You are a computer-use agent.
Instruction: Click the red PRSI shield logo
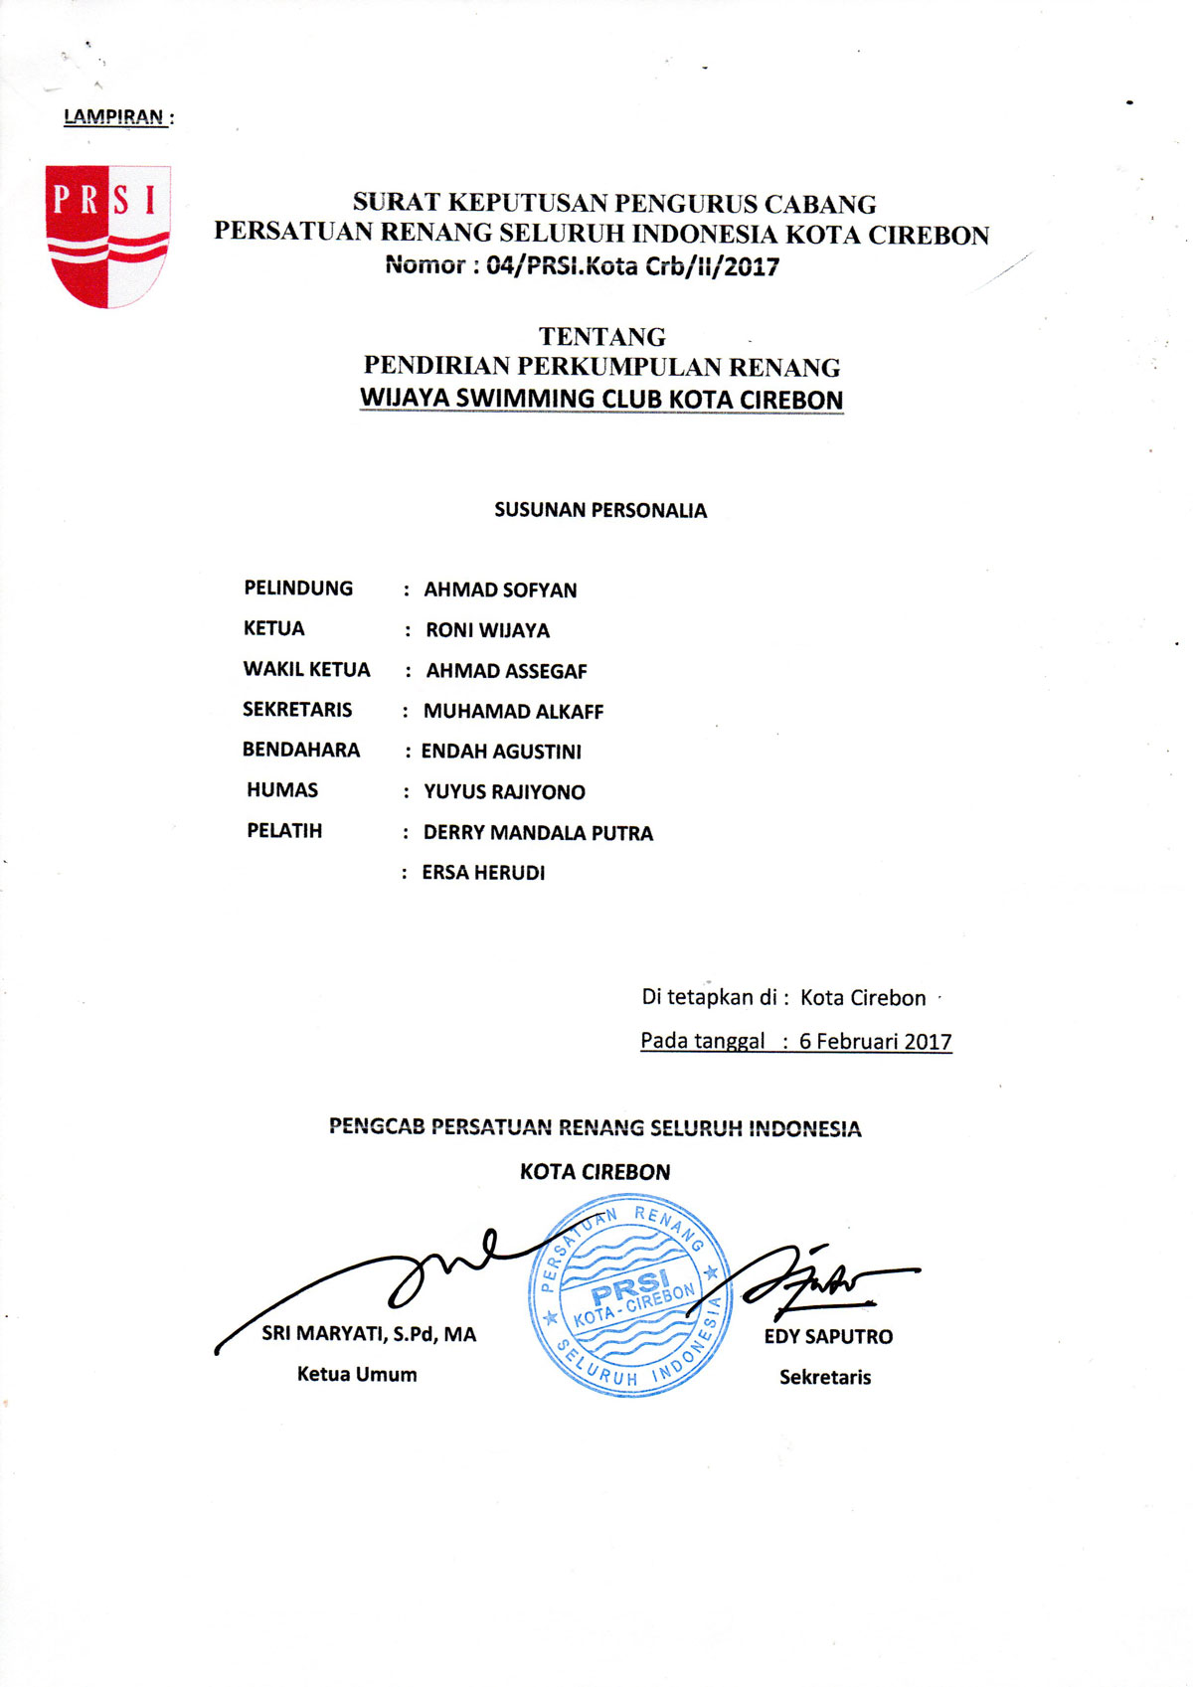point(107,237)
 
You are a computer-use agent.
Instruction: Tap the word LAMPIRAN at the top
point(113,116)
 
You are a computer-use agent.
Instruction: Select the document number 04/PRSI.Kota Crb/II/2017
point(632,266)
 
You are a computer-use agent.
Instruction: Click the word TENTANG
point(601,337)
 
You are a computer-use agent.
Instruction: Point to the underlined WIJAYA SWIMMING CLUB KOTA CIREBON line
point(601,399)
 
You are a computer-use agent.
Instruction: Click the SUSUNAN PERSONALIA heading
point(600,511)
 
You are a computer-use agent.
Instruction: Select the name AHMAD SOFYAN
point(500,590)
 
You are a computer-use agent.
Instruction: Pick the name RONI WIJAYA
point(487,630)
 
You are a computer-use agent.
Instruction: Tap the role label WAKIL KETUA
point(306,670)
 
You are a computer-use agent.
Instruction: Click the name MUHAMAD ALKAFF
point(513,712)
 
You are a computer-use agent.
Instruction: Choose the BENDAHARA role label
point(301,751)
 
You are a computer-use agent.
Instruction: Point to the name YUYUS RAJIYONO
point(504,792)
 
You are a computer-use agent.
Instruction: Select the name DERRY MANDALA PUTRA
point(538,833)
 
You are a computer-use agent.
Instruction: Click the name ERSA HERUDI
point(483,873)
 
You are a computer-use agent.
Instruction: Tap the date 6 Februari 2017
point(875,1042)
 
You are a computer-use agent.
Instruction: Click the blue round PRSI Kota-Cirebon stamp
point(629,1294)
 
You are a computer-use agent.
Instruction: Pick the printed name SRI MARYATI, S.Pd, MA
point(369,1334)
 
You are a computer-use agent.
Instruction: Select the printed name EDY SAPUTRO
point(828,1337)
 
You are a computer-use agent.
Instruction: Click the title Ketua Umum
point(357,1375)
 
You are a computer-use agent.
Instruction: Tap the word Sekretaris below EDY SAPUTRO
point(825,1378)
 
